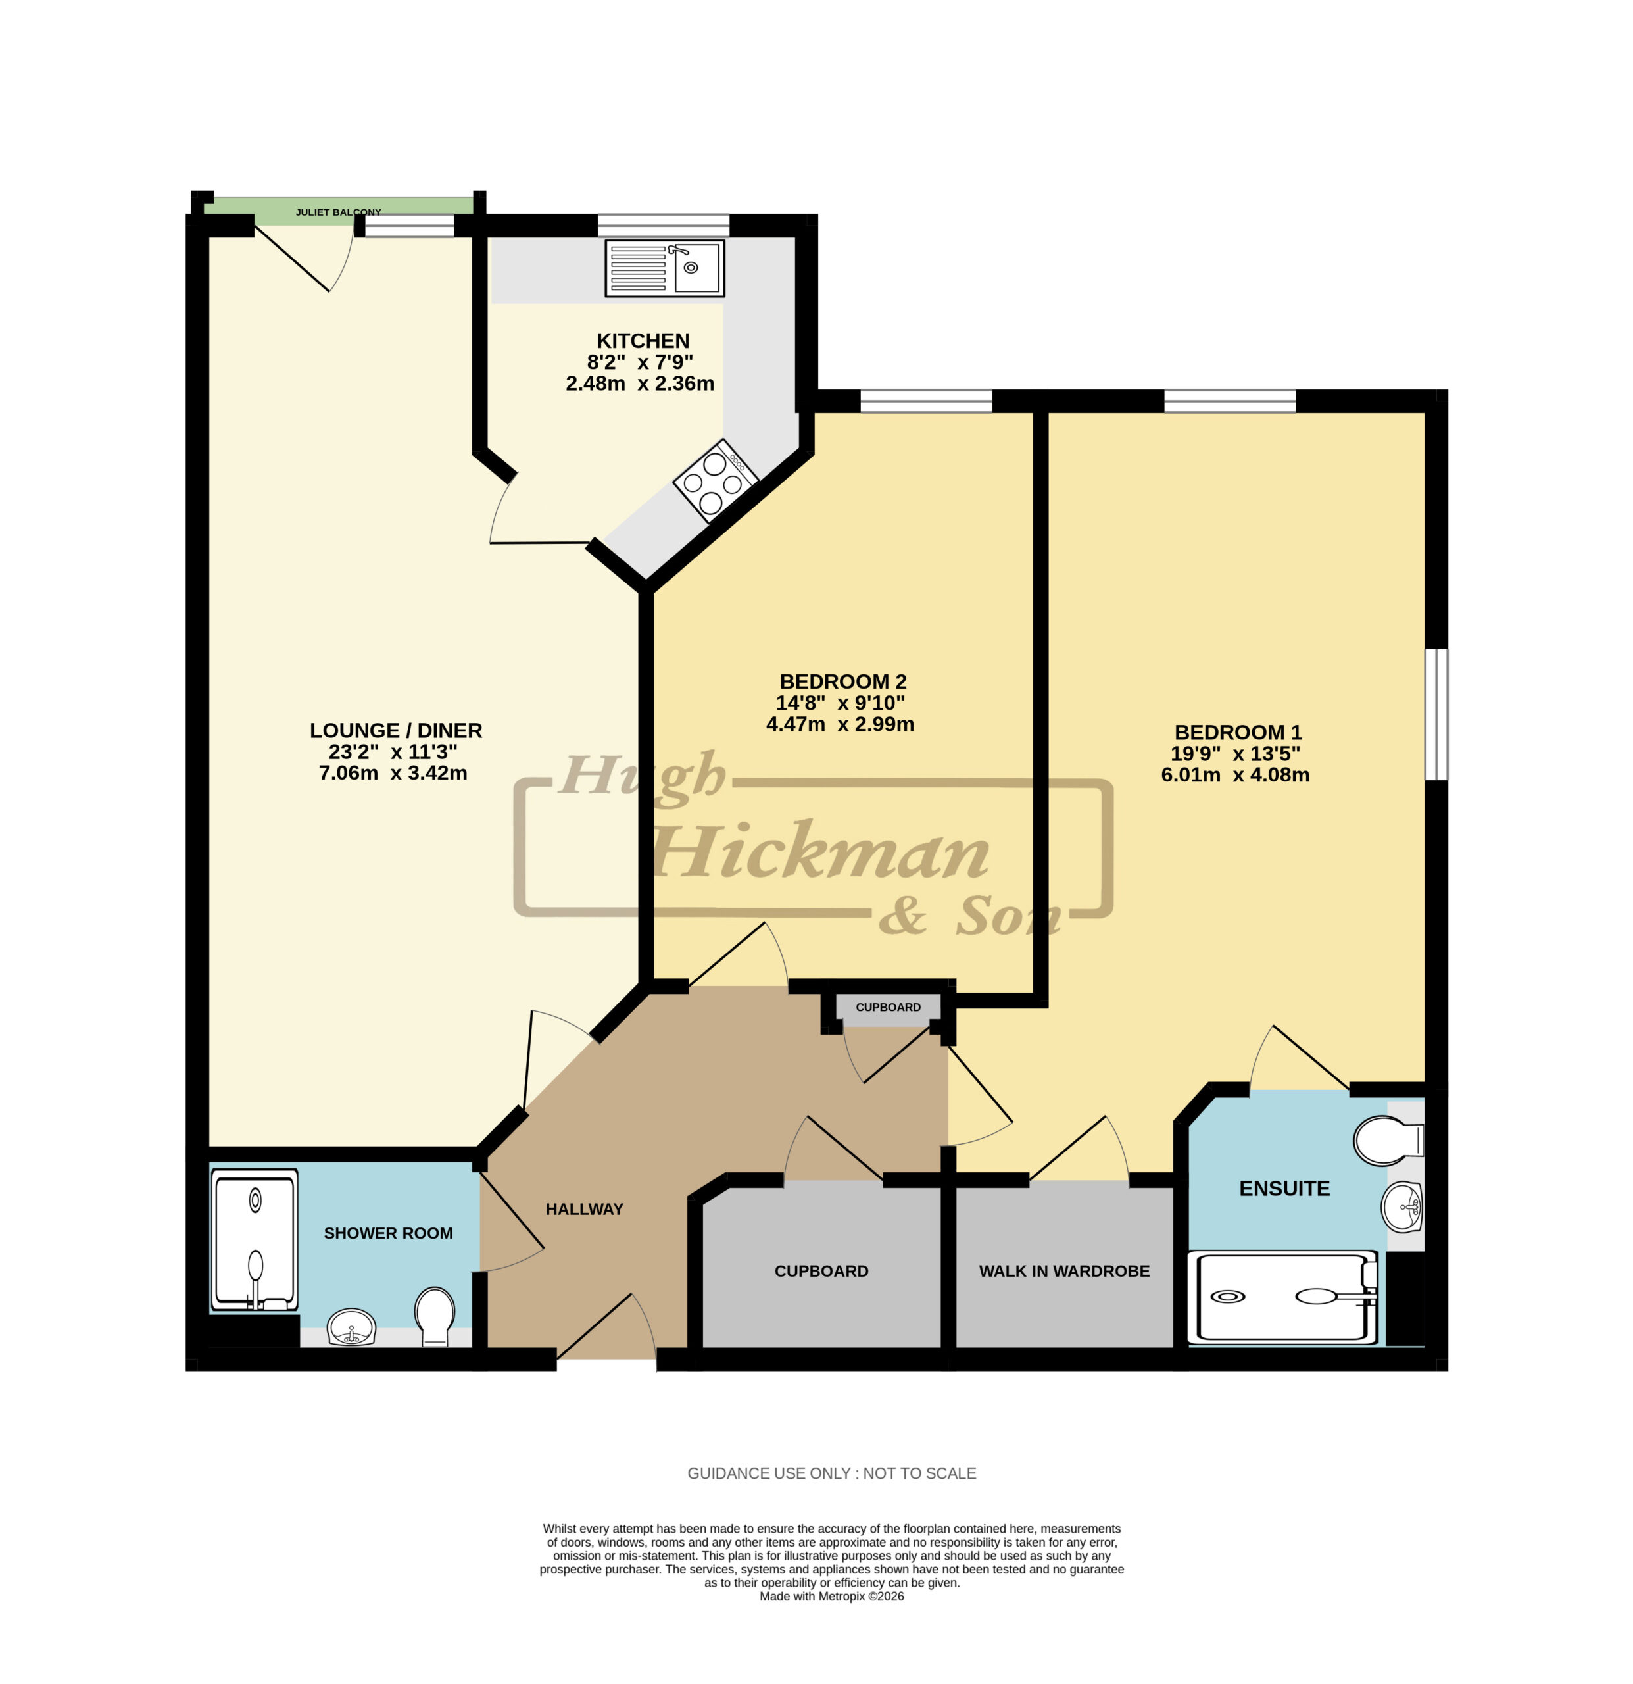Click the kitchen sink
[665, 269]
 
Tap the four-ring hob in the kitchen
[715, 482]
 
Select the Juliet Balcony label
[339, 212]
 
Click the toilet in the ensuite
[1388, 1140]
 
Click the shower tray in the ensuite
[1282, 1297]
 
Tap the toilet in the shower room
[435, 1316]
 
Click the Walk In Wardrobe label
[1064, 1271]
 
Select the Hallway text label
[584, 1209]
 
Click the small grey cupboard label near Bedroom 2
[889, 1007]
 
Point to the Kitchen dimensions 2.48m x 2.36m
[640, 384]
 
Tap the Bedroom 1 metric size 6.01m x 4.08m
[1235, 774]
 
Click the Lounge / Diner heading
[396, 730]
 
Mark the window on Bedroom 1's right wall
[1436, 714]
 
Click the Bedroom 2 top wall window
[926, 401]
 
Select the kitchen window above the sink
[663, 225]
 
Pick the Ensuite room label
[1284, 1188]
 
